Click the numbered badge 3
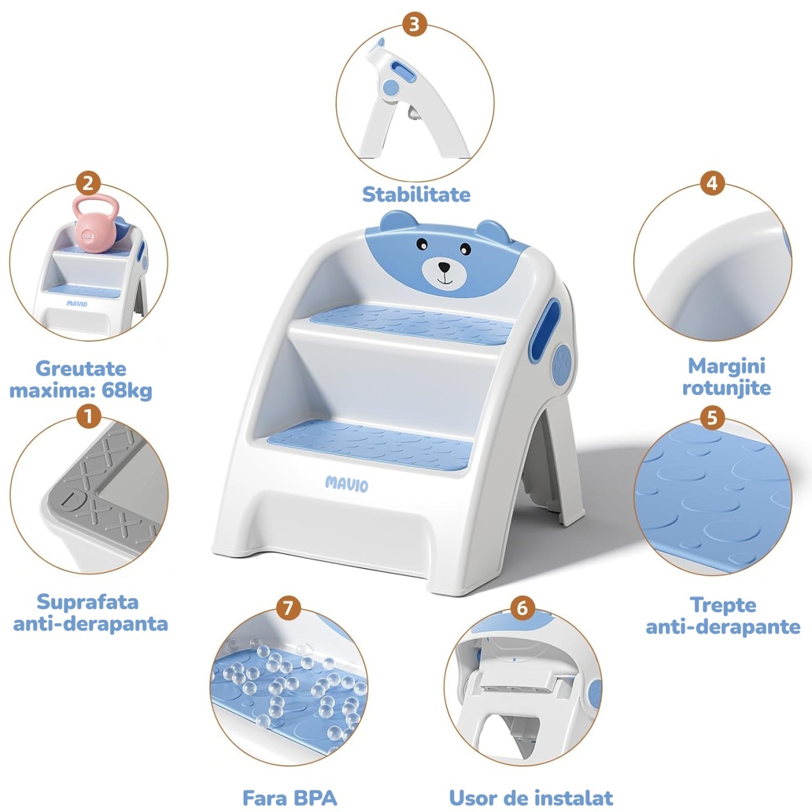(x=414, y=25)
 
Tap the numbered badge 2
(x=88, y=184)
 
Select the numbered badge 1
(x=88, y=417)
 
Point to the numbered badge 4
(x=712, y=184)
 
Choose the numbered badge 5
(x=712, y=419)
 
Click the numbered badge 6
(x=521, y=608)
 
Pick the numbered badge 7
(x=288, y=608)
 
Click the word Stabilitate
(x=416, y=195)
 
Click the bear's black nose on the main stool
(x=443, y=266)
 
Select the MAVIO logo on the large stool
(x=346, y=484)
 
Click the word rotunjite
(x=726, y=388)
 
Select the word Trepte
(x=723, y=605)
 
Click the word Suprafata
(x=88, y=602)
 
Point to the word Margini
(x=726, y=367)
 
